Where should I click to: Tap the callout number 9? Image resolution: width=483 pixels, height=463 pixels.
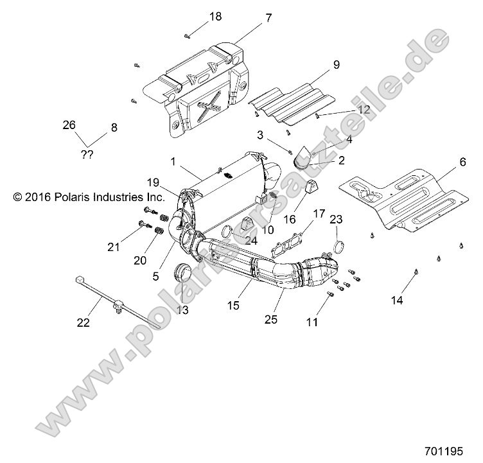coord(335,65)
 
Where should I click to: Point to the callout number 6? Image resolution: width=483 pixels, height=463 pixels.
coord(462,163)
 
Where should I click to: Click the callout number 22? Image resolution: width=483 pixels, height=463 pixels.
coord(83,323)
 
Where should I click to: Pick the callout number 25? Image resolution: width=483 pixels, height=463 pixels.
coord(271,319)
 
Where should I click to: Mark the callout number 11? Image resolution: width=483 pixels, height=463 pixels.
coord(312,323)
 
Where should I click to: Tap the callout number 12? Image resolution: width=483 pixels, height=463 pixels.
coord(364,110)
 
